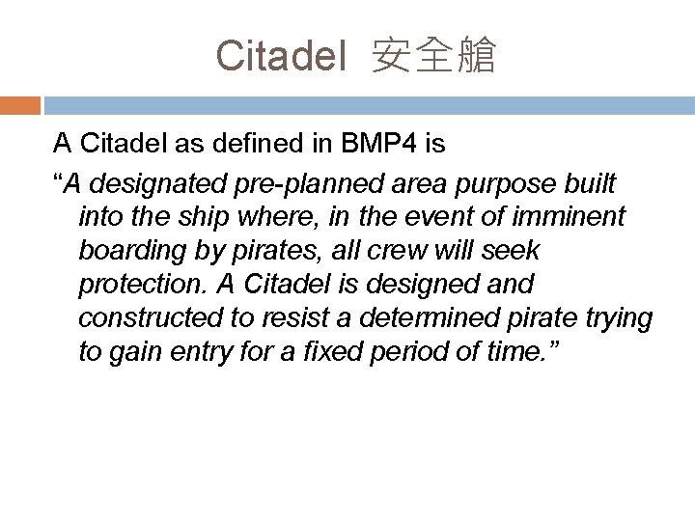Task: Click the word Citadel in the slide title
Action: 281,55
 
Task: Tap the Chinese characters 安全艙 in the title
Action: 433,56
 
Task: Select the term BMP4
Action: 378,146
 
